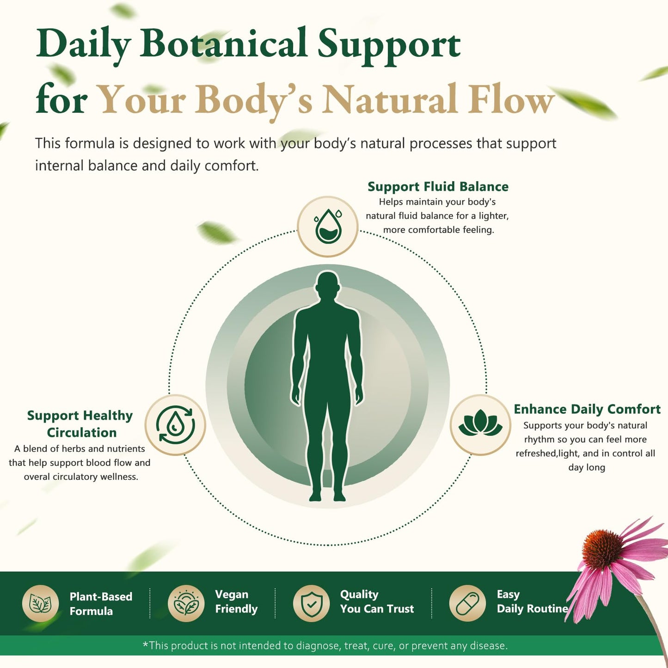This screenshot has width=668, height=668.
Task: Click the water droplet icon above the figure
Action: (x=328, y=226)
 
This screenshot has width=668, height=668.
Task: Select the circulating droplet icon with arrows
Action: (x=175, y=425)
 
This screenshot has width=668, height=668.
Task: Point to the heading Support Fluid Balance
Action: (x=438, y=186)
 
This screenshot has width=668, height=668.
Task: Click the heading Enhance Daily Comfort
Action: (x=587, y=410)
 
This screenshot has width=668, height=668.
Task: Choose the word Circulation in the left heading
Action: (x=82, y=432)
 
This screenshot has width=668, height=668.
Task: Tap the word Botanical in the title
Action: (x=223, y=44)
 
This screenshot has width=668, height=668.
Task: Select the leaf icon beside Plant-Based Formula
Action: (x=41, y=604)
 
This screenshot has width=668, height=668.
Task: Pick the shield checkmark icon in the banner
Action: (x=311, y=604)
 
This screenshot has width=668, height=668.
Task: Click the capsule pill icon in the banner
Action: (x=467, y=604)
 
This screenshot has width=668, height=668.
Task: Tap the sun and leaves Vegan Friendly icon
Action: (x=186, y=604)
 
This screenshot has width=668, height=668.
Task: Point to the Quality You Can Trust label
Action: (x=377, y=601)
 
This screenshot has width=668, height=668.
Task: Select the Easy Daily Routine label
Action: (x=532, y=601)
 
